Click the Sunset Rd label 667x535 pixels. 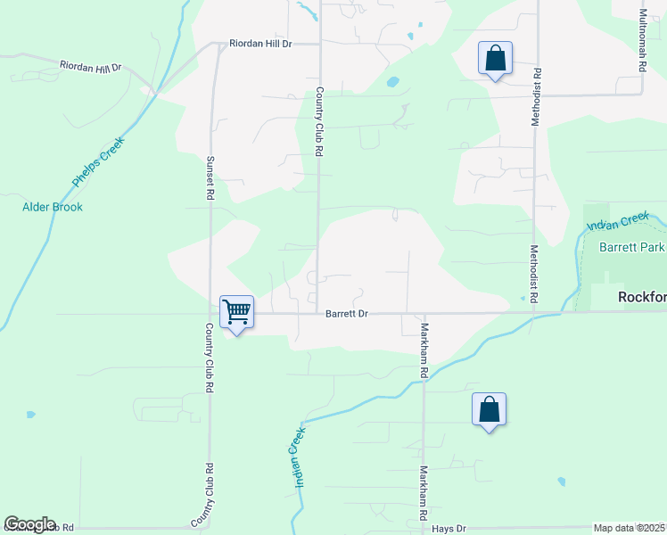pos(210,177)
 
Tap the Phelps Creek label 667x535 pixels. pos(99,162)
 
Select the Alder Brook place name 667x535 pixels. pos(53,207)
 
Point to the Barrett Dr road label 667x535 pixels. pos(347,314)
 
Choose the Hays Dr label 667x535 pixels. pos(449,529)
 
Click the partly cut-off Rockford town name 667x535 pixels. pos(642,297)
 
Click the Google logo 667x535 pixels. pos(29,524)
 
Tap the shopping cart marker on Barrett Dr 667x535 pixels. pos(236,313)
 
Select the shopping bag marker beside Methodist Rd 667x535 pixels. pos(495,59)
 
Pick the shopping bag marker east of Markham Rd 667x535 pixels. pos(489,410)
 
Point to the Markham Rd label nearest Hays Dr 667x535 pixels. pos(423,494)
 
